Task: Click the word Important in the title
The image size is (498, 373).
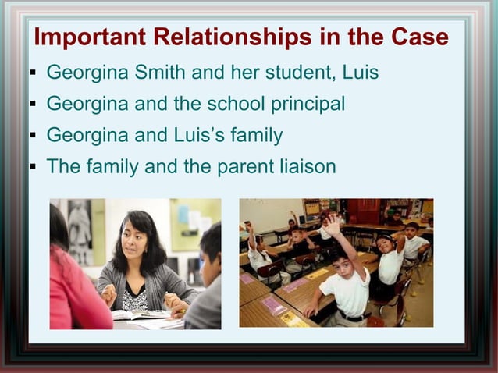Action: point(90,37)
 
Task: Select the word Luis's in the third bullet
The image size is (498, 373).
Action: point(197,135)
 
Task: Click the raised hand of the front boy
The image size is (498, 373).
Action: point(333,226)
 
